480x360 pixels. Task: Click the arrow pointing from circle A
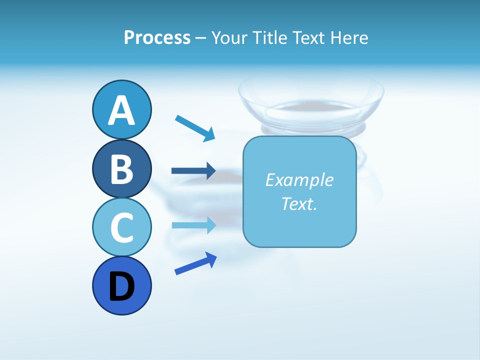(x=195, y=127)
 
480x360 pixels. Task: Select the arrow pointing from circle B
(x=193, y=171)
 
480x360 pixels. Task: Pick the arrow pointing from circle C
(x=193, y=225)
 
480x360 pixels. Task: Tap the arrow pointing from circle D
(x=195, y=263)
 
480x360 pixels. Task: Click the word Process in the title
(x=157, y=37)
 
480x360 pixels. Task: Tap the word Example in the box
(x=299, y=179)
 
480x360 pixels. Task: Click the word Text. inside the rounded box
(x=299, y=203)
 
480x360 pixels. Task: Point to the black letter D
(x=121, y=287)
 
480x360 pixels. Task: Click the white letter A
(x=121, y=111)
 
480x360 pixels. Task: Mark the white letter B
(x=121, y=169)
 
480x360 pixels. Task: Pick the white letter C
(x=121, y=228)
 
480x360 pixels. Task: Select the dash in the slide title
(x=200, y=38)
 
